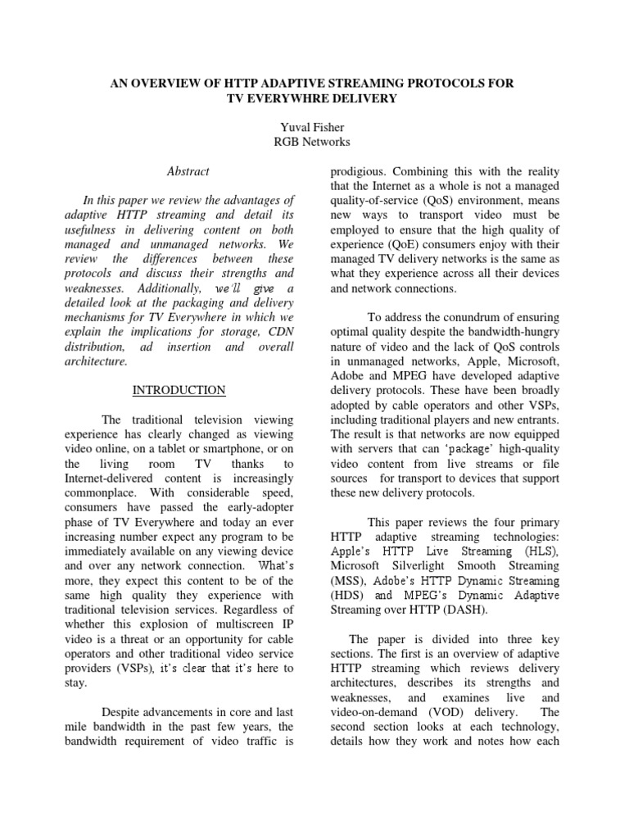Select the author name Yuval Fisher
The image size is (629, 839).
tap(314, 127)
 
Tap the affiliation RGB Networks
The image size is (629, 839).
tap(314, 142)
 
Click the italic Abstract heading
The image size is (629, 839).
tap(188, 171)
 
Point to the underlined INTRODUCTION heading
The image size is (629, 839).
tap(179, 390)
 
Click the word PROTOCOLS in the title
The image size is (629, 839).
tap(462, 84)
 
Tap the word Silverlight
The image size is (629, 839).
tap(417, 565)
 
